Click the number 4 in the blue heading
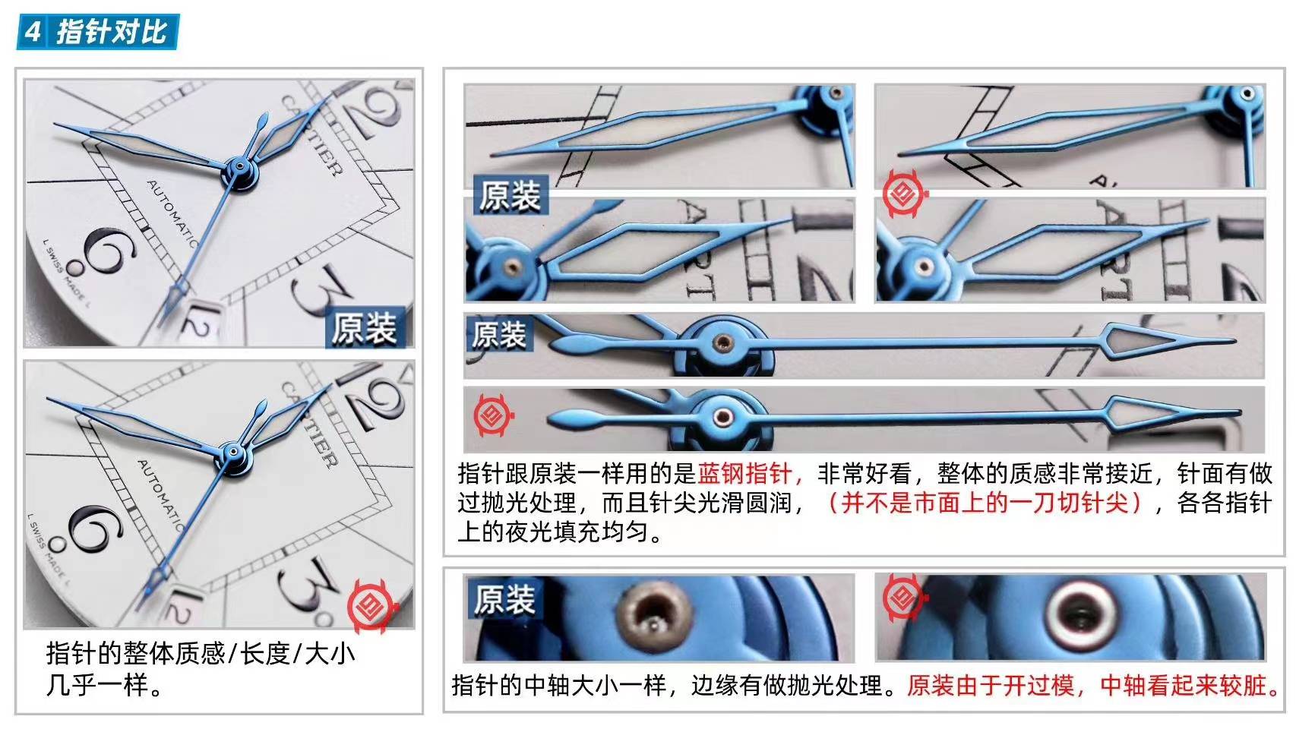[x=32, y=32]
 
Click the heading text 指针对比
[x=112, y=32]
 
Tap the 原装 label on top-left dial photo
[x=363, y=329]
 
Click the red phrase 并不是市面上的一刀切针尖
[x=984, y=503]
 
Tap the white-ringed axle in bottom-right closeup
[x=1079, y=613]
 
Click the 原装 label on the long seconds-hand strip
[x=499, y=334]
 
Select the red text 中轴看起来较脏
[x=1189, y=686]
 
